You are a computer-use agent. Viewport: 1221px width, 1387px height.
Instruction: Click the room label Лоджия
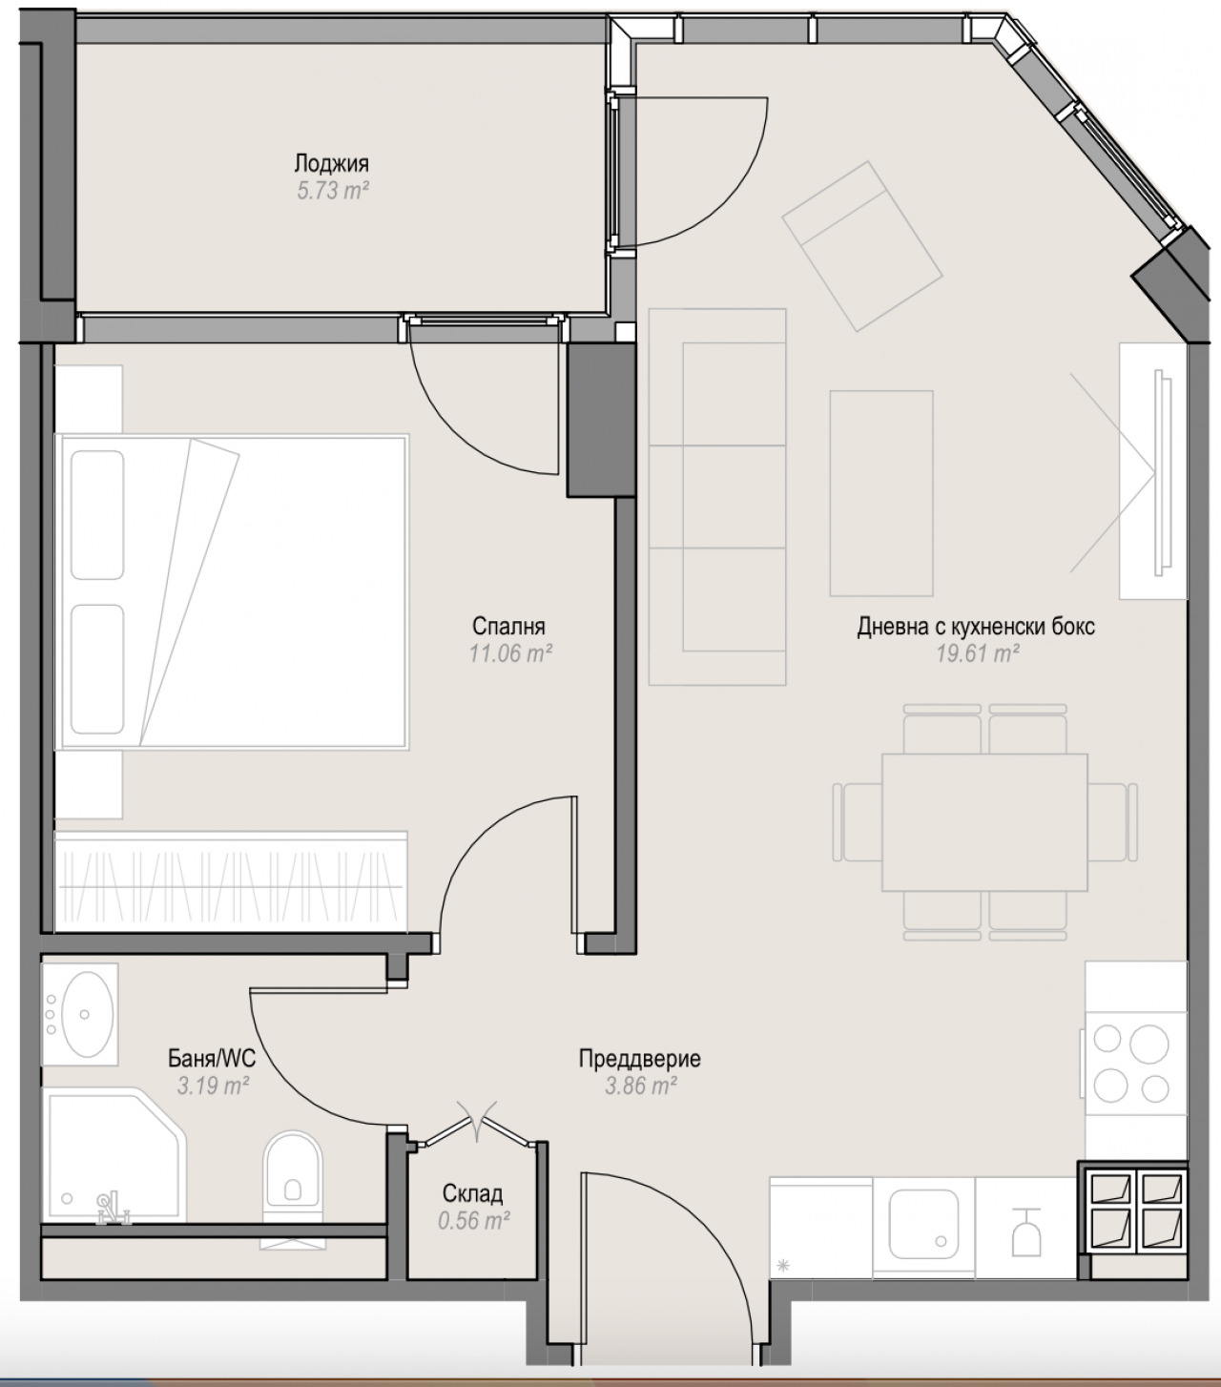(331, 164)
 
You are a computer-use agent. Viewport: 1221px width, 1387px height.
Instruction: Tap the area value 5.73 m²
(333, 191)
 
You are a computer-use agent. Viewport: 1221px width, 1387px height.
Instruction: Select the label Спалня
(508, 626)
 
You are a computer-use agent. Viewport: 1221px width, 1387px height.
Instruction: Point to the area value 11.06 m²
(511, 653)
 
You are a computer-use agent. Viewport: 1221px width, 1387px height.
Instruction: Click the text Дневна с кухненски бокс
(976, 627)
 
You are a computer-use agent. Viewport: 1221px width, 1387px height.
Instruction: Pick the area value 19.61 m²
(978, 653)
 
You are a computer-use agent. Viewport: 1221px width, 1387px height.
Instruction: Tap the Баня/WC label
(212, 1059)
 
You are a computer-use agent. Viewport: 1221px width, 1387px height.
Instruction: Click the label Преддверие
(640, 1059)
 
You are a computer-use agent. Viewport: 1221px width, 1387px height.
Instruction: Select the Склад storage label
(472, 1194)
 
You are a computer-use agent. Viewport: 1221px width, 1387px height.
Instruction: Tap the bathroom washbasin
(86, 1014)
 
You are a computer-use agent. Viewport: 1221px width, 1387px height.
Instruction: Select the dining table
(984, 822)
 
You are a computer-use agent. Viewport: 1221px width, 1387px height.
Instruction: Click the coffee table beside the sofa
(881, 493)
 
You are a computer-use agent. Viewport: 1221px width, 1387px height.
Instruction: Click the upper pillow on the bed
(97, 515)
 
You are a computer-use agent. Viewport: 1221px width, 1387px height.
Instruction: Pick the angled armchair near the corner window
(862, 246)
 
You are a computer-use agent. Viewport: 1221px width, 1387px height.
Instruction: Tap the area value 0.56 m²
(474, 1221)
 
